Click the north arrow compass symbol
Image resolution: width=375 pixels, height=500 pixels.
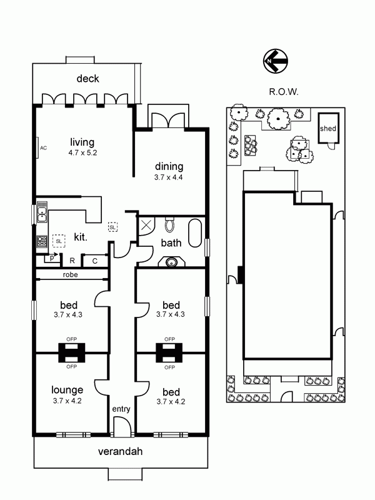pos(276,61)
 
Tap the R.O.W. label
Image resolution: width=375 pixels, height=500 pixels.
pos(284,92)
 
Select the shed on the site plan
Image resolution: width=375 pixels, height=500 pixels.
pos(328,128)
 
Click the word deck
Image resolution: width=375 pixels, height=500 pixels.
pos(87,79)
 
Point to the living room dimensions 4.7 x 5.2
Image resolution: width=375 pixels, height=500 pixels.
pos(82,152)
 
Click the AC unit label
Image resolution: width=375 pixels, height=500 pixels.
pos(43,148)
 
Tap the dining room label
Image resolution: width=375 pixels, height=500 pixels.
pos(169,166)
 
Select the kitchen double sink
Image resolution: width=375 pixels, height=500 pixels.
pos(42,212)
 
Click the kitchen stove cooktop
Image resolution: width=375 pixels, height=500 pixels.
pos(42,241)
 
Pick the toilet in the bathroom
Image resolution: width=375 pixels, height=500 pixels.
pos(169,224)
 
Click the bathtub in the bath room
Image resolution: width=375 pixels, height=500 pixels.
pos(195,233)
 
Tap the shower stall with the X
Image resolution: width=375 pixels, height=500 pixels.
pos(146,226)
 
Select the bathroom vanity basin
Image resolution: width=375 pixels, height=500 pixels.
pos(172,262)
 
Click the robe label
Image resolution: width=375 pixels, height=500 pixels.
pos(71,274)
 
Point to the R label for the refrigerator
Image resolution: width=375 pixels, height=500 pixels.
pos(72,261)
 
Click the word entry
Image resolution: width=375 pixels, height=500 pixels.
pos(121,409)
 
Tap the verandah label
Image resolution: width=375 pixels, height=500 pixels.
pos(120,451)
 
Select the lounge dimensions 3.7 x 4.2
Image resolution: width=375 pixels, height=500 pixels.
pos(67,401)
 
